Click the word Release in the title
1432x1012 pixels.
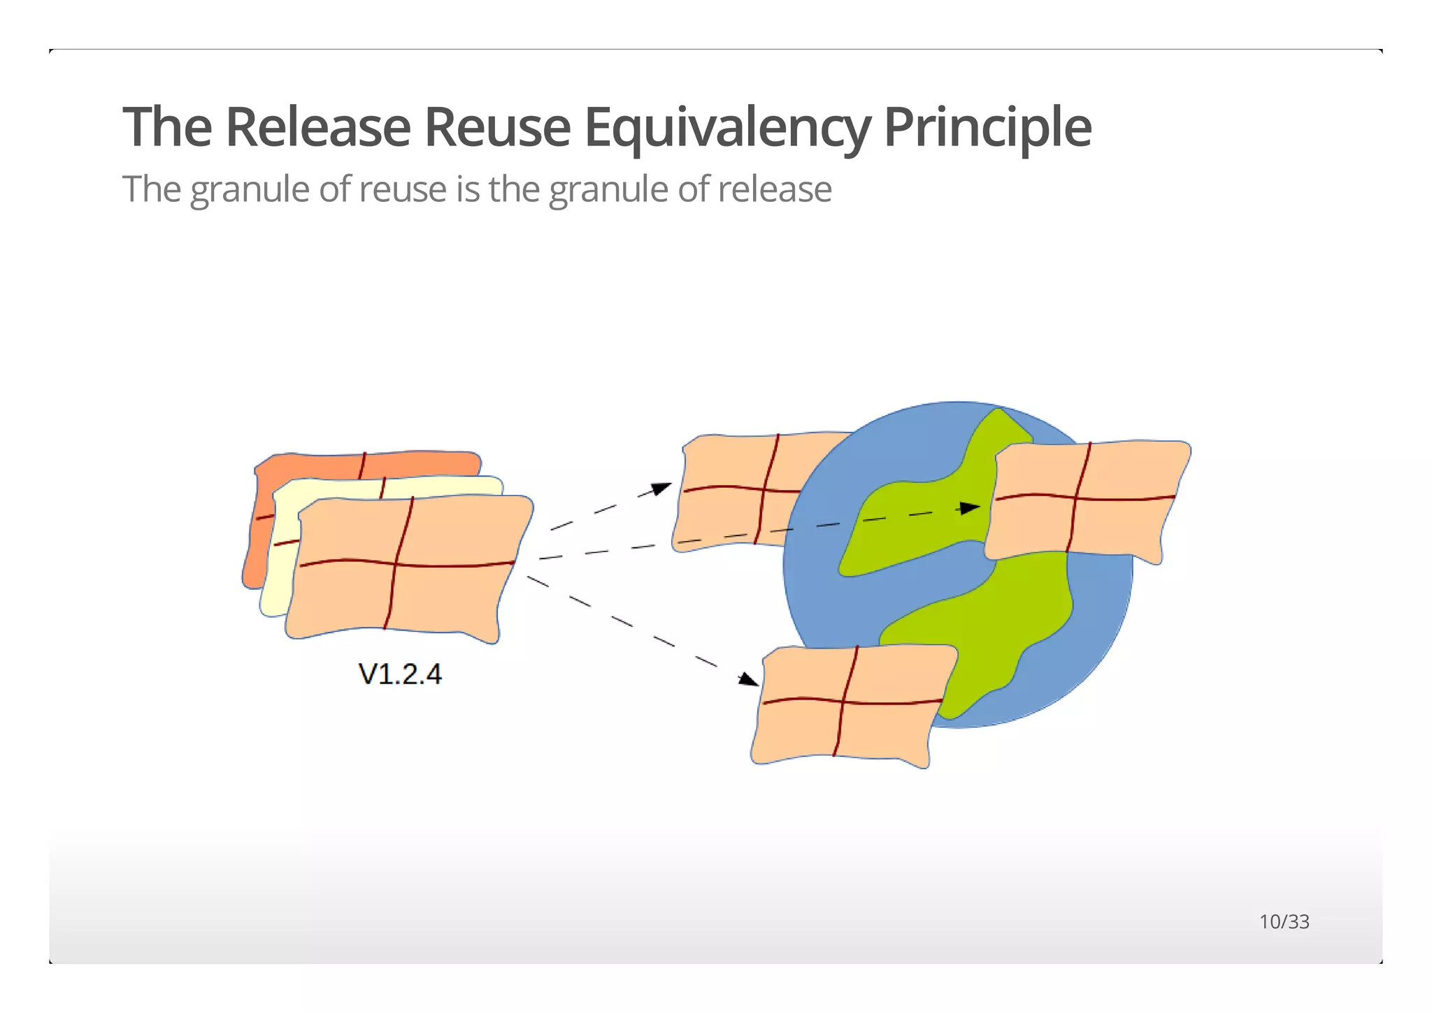coord(317,127)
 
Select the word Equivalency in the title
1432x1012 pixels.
coord(727,128)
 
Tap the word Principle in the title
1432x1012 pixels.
coord(987,128)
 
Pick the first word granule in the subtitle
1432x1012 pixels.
coord(249,190)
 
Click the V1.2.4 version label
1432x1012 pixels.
coord(400,674)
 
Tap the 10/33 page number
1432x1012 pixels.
coord(1284,922)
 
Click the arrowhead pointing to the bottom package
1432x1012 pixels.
coord(749,679)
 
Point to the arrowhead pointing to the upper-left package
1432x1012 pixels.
coord(661,488)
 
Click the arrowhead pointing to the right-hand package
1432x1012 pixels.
coord(971,508)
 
